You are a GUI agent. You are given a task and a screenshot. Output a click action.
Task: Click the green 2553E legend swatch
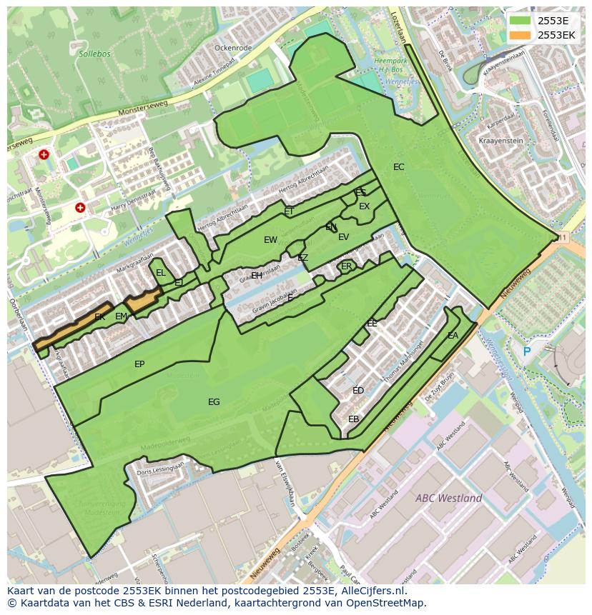[521, 21]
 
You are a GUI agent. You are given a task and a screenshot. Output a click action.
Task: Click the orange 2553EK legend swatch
[521, 35]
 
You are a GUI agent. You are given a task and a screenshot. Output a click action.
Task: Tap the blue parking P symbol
[527, 351]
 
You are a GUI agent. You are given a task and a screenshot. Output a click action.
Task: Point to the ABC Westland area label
[448, 498]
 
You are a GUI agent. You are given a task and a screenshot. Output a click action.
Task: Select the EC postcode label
[399, 167]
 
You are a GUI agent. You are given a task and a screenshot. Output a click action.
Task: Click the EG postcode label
[214, 402]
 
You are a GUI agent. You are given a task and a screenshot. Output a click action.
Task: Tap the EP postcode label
[139, 364]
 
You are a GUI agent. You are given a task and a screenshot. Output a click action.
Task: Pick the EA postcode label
[453, 336]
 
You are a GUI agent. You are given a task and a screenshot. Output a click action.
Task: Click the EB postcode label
[353, 419]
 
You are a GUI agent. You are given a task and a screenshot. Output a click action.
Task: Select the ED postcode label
[358, 391]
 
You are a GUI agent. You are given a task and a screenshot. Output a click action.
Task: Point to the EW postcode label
[270, 240]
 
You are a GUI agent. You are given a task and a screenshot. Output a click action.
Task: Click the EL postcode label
[161, 273]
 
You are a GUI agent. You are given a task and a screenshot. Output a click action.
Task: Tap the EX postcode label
[365, 206]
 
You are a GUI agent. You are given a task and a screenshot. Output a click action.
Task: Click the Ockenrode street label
[233, 48]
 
